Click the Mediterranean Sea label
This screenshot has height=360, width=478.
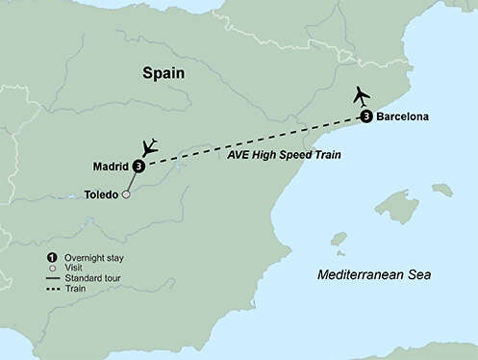374,276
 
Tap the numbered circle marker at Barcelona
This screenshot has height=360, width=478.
366,117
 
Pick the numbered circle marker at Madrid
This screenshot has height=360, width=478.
139,166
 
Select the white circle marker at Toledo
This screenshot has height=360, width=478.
125,194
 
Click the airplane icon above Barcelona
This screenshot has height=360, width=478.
362,96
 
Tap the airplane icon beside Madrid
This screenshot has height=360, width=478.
149,147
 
